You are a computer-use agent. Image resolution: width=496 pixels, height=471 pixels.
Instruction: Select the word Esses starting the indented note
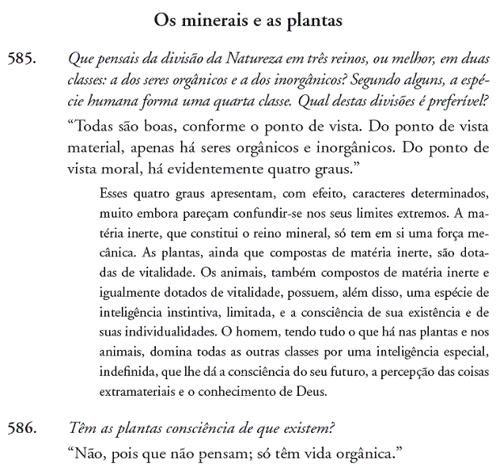(117, 194)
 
